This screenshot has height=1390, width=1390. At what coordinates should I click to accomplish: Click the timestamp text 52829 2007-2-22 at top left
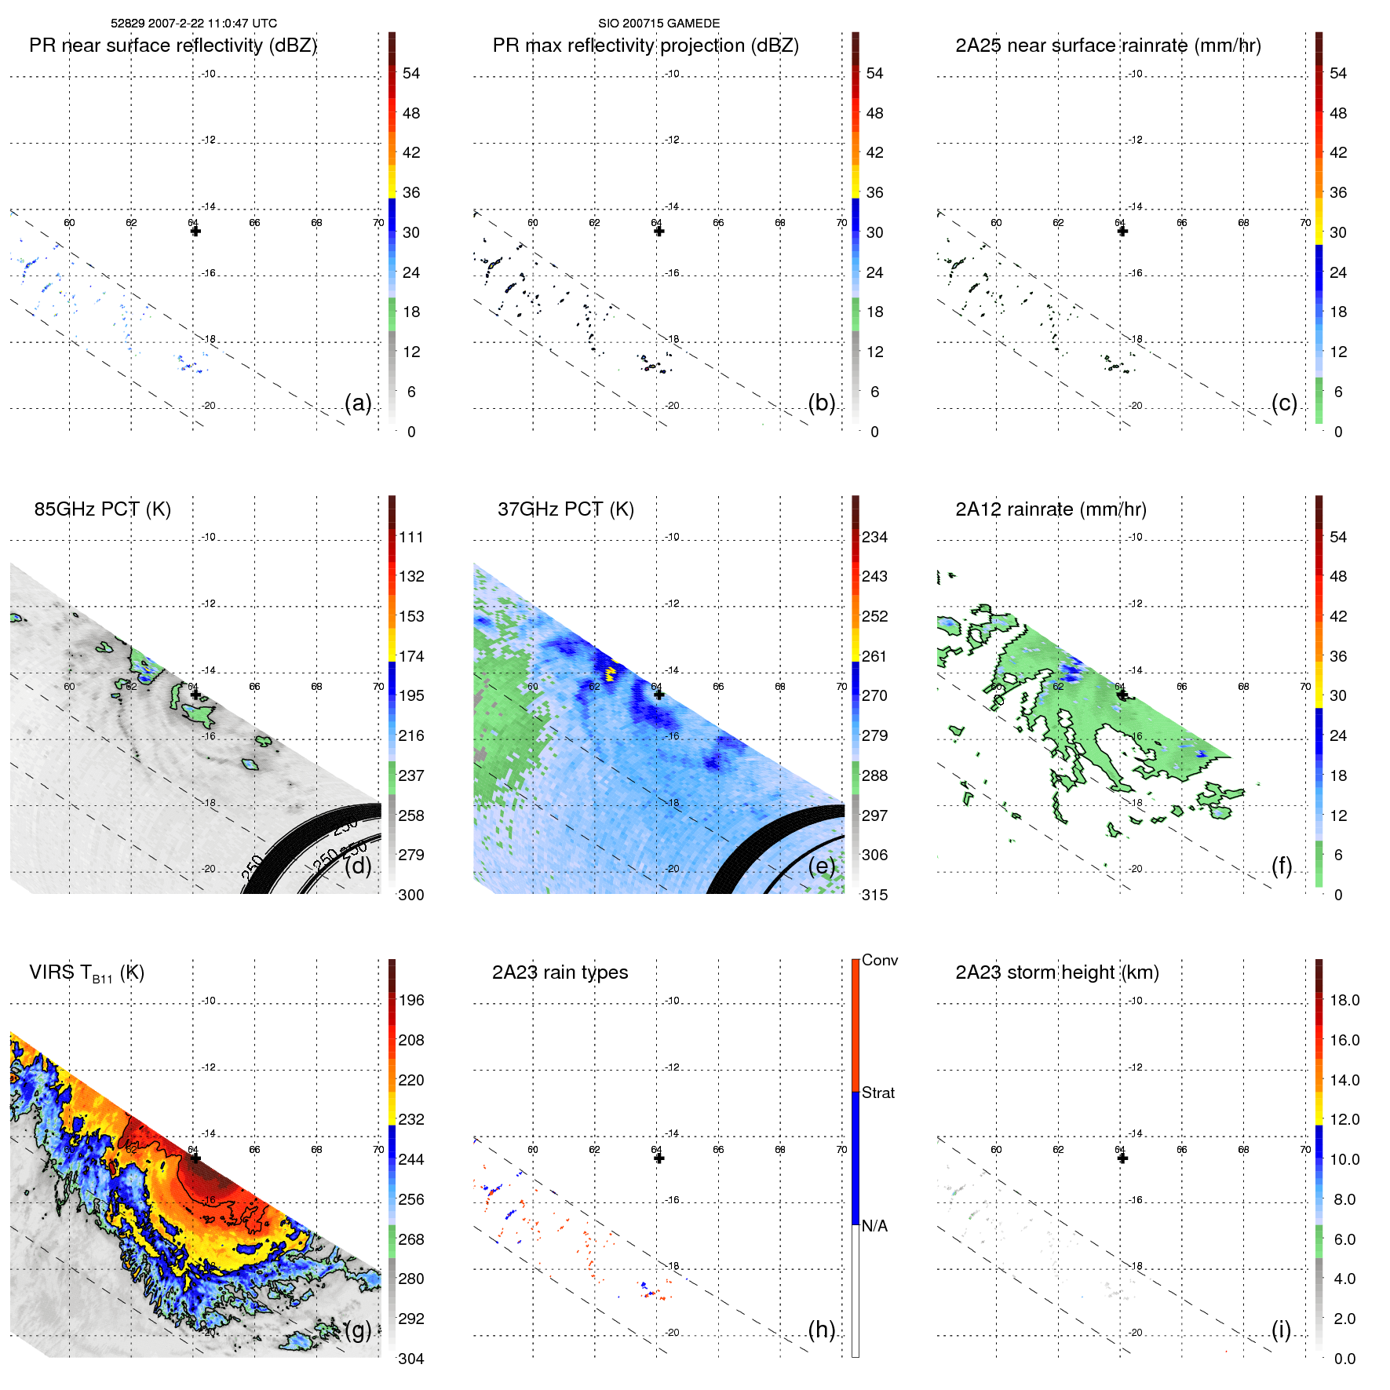pos(193,24)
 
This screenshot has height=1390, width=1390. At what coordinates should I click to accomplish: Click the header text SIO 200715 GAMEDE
pos(659,24)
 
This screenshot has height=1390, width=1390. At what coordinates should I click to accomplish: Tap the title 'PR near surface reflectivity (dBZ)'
pos(173,46)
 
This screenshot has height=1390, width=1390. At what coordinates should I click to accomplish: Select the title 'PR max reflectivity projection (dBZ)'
pos(645,46)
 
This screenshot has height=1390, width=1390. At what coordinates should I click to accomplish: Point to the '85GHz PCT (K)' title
pos(102,509)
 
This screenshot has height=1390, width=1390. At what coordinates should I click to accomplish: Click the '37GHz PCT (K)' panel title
pos(565,509)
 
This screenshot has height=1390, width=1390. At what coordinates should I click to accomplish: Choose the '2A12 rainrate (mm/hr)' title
pos(1050,509)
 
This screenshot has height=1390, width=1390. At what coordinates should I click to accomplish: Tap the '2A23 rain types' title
pos(560,972)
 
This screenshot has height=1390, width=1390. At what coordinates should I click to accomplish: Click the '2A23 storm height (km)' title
pos(1056,972)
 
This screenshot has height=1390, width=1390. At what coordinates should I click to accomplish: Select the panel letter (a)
pos(358,403)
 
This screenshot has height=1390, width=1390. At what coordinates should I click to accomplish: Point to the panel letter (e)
pos(821,866)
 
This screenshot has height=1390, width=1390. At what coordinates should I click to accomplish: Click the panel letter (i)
pos(1281,1330)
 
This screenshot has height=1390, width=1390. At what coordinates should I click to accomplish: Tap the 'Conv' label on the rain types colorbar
pos(879,960)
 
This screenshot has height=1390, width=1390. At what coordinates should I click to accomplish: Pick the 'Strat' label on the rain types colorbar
pos(877,1093)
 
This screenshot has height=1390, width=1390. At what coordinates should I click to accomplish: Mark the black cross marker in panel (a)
pos(195,231)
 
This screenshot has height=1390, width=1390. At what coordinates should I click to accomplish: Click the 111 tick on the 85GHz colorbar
pos(410,538)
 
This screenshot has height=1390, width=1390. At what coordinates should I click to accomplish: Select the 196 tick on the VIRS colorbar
pos(410,1001)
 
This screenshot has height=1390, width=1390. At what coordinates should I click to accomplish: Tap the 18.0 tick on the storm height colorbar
pos(1344,1001)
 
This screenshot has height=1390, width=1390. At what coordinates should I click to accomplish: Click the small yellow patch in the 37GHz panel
pos(610,672)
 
